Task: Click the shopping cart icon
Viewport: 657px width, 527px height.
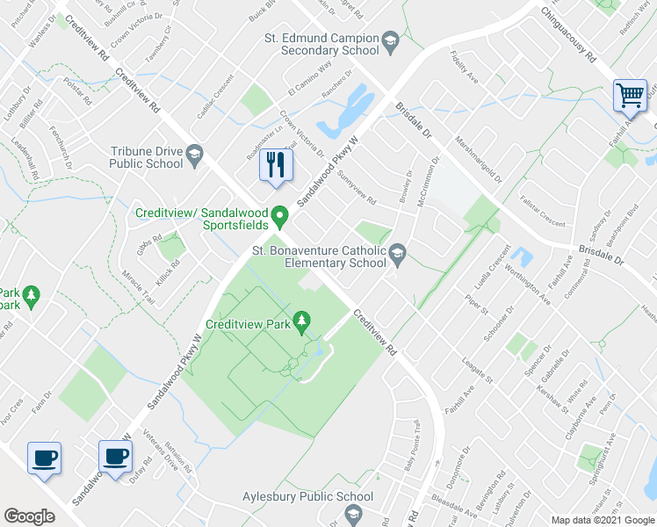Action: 629,95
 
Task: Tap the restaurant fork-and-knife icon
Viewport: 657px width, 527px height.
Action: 276,163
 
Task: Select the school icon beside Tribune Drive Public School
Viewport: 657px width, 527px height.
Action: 194,156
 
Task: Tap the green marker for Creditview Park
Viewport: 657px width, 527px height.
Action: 303,322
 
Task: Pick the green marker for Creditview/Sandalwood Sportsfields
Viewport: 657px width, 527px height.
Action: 280,214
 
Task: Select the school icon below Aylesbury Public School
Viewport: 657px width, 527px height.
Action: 349,513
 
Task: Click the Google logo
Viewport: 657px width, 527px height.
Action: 30,516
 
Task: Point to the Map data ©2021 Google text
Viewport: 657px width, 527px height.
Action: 602,520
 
